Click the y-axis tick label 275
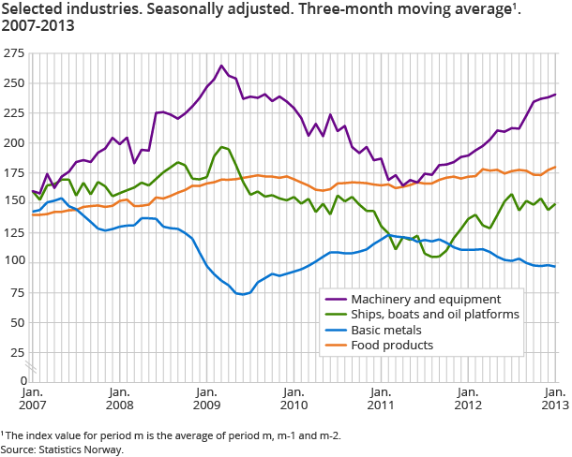[15, 54]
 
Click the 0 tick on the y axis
[21, 380]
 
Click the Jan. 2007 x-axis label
[32, 398]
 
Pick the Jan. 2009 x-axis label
[206, 398]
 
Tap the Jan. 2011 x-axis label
[382, 398]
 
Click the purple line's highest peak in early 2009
[221, 66]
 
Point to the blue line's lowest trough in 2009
[242, 294]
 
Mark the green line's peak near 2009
[221, 147]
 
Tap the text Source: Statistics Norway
[62, 450]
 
